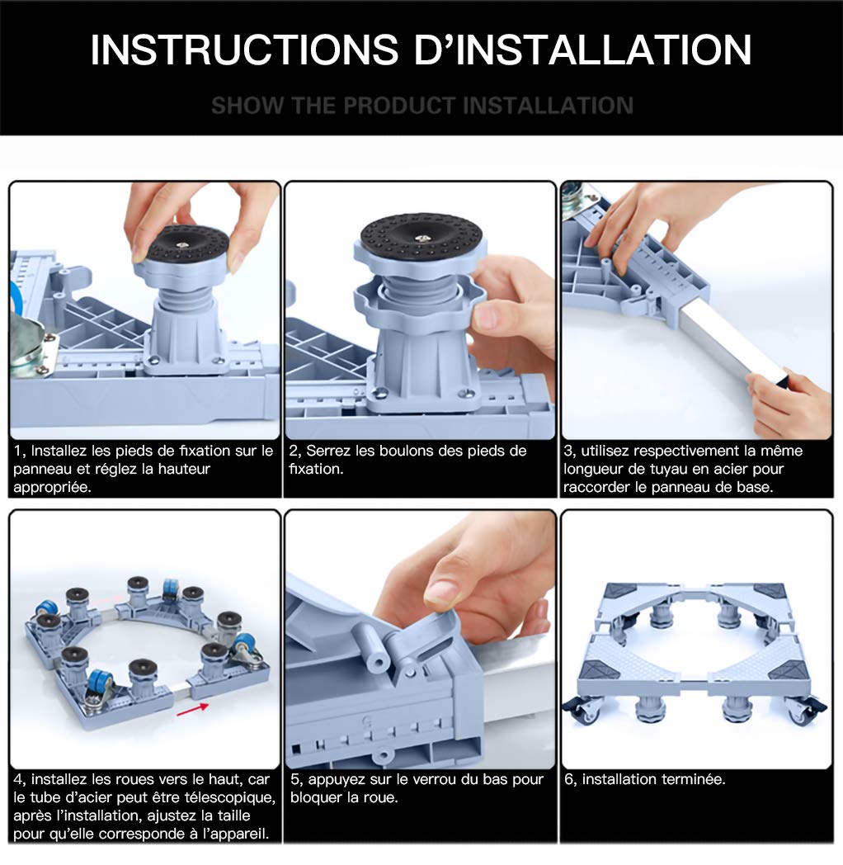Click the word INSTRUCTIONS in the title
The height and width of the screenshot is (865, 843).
tap(244, 49)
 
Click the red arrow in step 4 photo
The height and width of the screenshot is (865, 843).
tap(192, 710)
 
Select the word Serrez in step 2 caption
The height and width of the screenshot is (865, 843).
tap(328, 451)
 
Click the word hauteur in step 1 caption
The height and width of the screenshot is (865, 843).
tap(184, 469)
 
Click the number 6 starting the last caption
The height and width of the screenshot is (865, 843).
tap(568, 779)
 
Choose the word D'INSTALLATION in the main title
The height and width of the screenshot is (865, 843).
tap(583, 49)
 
